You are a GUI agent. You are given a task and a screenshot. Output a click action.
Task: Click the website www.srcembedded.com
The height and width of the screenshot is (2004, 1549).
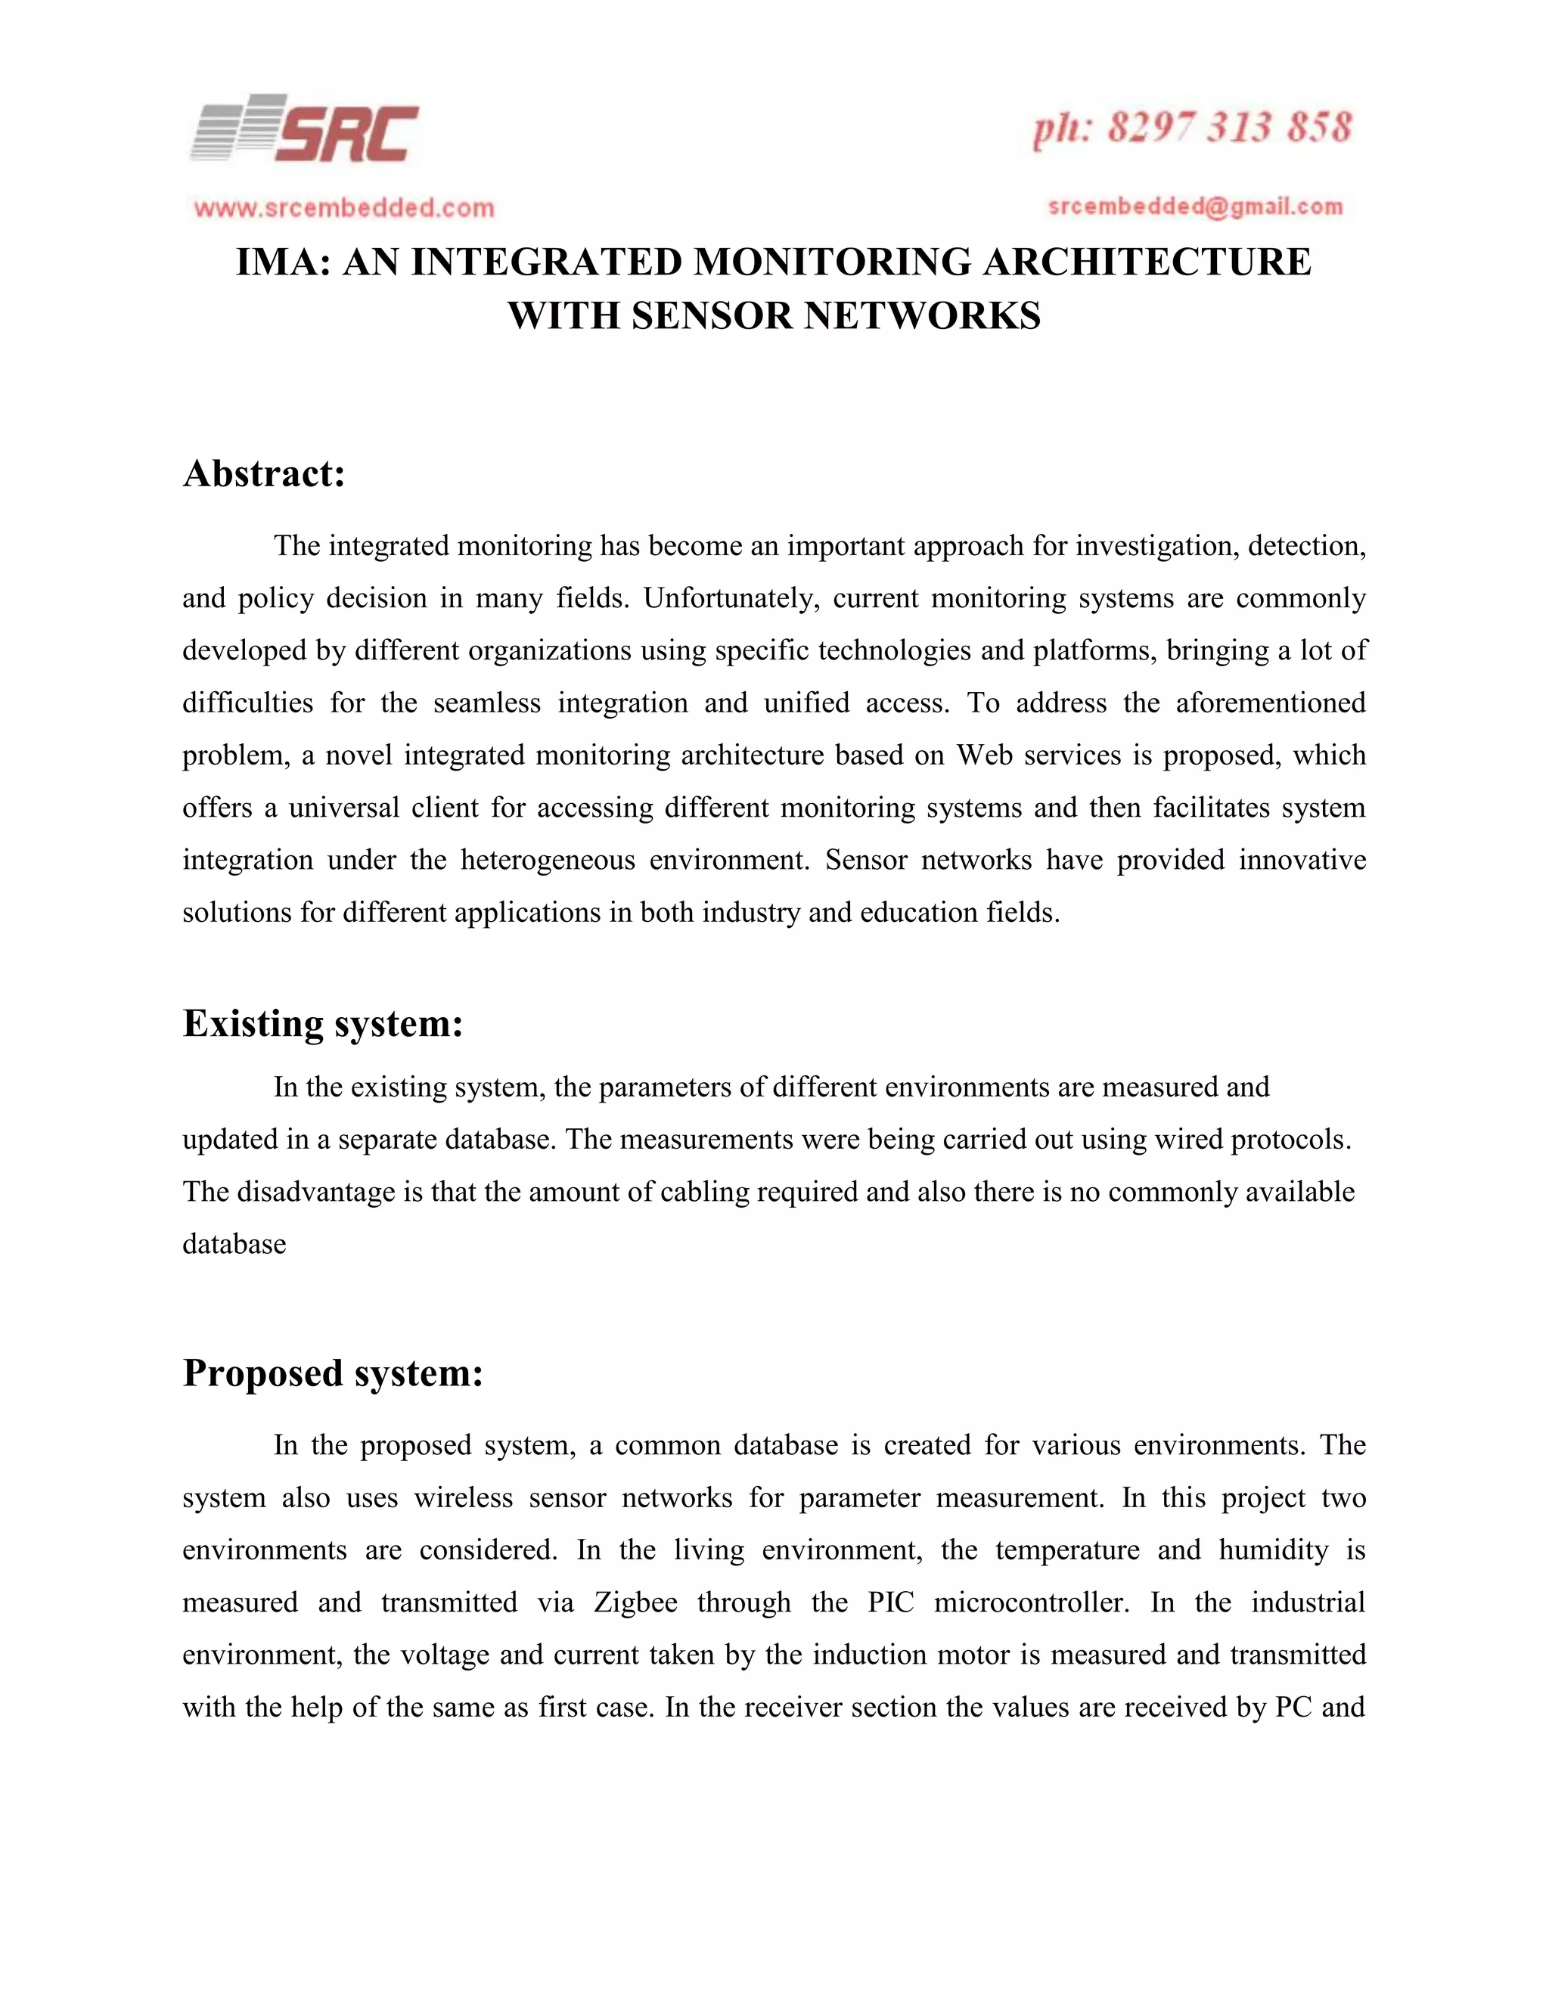pyautogui.click(x=344, y=208)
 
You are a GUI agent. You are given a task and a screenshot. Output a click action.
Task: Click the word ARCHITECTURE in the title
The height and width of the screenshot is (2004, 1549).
pyautogui.click(x=1147, y=262)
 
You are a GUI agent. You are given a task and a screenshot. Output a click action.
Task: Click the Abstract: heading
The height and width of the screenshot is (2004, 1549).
pyautogui.click(x=263, y=474)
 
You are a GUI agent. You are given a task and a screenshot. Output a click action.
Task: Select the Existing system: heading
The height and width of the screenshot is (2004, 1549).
pyautogui.click(x=322, y=1023)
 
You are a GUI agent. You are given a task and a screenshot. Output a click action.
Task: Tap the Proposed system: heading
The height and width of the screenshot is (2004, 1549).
pyautogui.click(x=332, y=1373)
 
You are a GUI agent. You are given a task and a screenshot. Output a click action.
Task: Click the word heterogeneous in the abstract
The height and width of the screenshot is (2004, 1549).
pyautogui.click(x=546, y=860)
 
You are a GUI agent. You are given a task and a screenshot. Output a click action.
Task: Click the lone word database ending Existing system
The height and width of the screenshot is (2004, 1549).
pyautogui.click(x=234, y=1244)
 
